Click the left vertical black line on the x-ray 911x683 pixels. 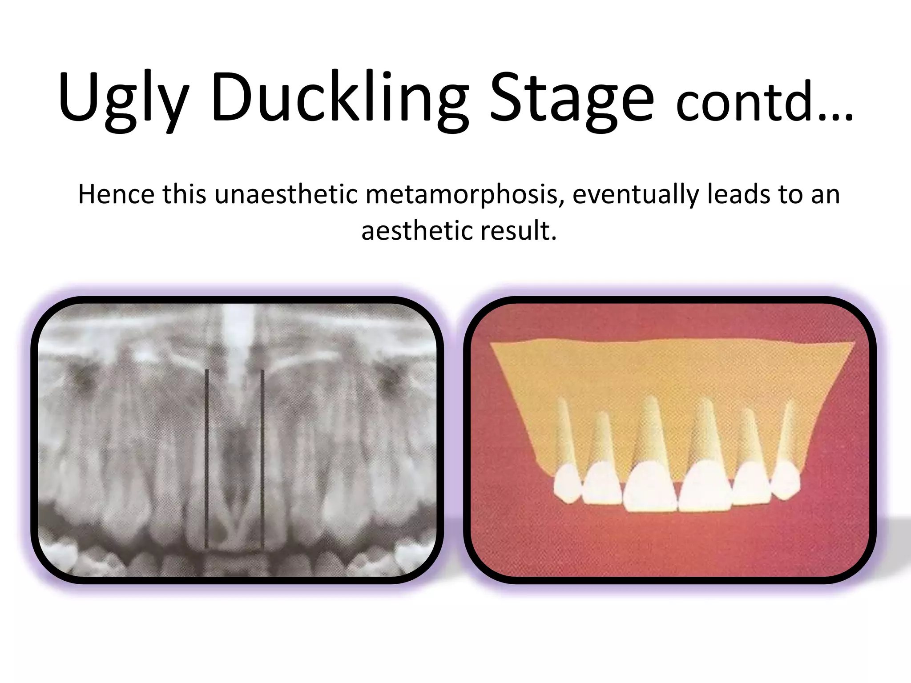pos(207,458)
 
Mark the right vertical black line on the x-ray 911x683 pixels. pos(262,458)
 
